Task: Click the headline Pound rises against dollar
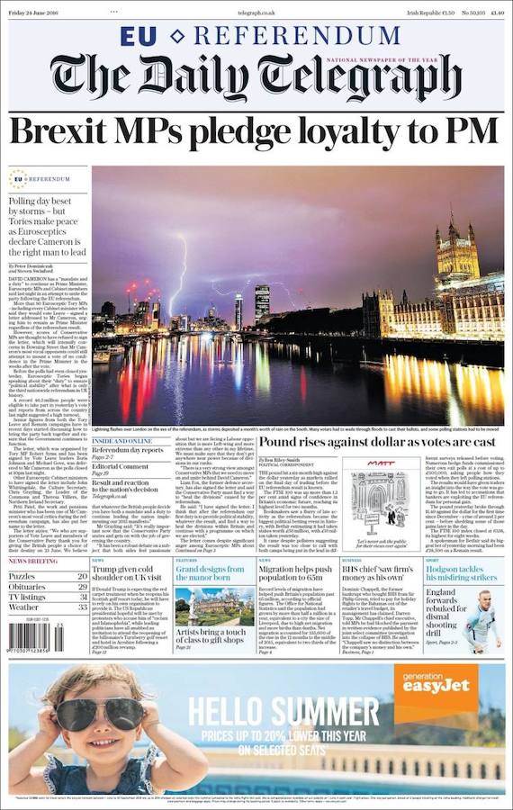point(377,443)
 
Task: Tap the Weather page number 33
point(82,607)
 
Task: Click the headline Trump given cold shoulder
point(130,575)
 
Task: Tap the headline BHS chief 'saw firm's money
point(379,575)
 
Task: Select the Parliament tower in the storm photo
point(458,247)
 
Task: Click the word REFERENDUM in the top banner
point(297,36)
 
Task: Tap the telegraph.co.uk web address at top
point(256,12)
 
